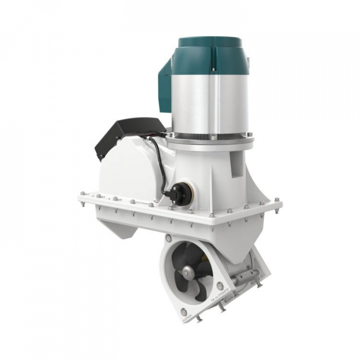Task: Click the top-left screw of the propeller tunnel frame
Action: tap(167, 239)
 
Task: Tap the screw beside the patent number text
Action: tap(220, 285)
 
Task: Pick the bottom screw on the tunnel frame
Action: tap(184, 311)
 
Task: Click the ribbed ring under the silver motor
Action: tap(209, 136)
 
